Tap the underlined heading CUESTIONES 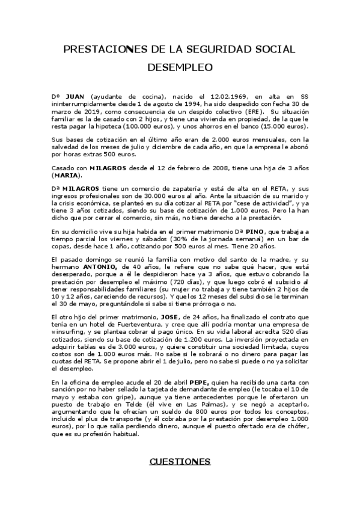point(180,461)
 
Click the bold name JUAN point(74,96)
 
